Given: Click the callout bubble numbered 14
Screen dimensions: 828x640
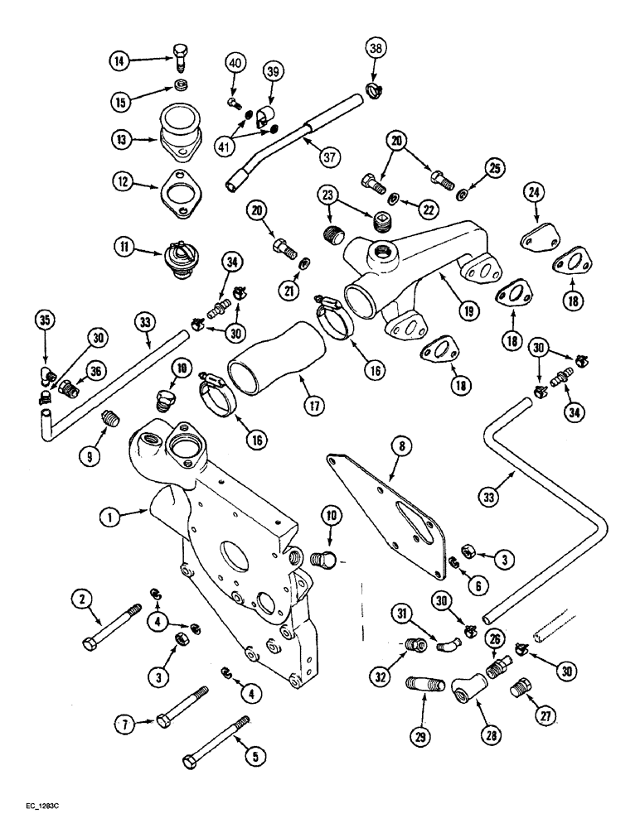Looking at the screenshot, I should [120, 60].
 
